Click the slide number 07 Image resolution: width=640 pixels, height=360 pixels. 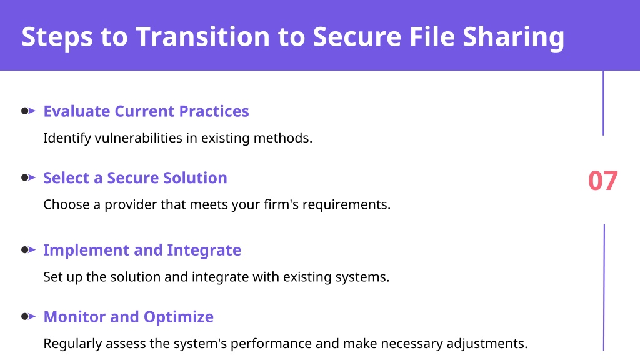603,181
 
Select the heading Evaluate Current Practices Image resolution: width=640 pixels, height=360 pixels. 146,111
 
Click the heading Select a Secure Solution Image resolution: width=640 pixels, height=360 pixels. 135,177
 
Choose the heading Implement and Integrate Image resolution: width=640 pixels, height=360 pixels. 142,251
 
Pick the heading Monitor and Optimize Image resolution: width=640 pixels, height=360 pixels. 129,317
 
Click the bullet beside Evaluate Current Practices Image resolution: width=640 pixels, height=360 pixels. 28,111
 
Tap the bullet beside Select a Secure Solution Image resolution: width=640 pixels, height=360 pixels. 28,177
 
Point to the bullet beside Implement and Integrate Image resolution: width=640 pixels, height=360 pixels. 28,250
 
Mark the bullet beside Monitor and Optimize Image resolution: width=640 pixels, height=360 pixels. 28,316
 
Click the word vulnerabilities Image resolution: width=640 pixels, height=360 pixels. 138,138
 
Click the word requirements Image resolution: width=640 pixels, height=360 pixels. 346,205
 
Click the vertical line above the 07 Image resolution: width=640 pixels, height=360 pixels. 603,103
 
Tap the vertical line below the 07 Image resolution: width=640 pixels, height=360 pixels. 604,287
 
